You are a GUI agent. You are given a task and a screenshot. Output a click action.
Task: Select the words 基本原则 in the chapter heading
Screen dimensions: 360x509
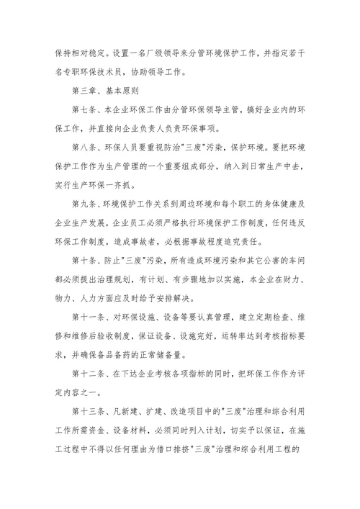click(127, 91)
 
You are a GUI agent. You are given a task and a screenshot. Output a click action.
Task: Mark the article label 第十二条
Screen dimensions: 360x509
click(91, 371)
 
